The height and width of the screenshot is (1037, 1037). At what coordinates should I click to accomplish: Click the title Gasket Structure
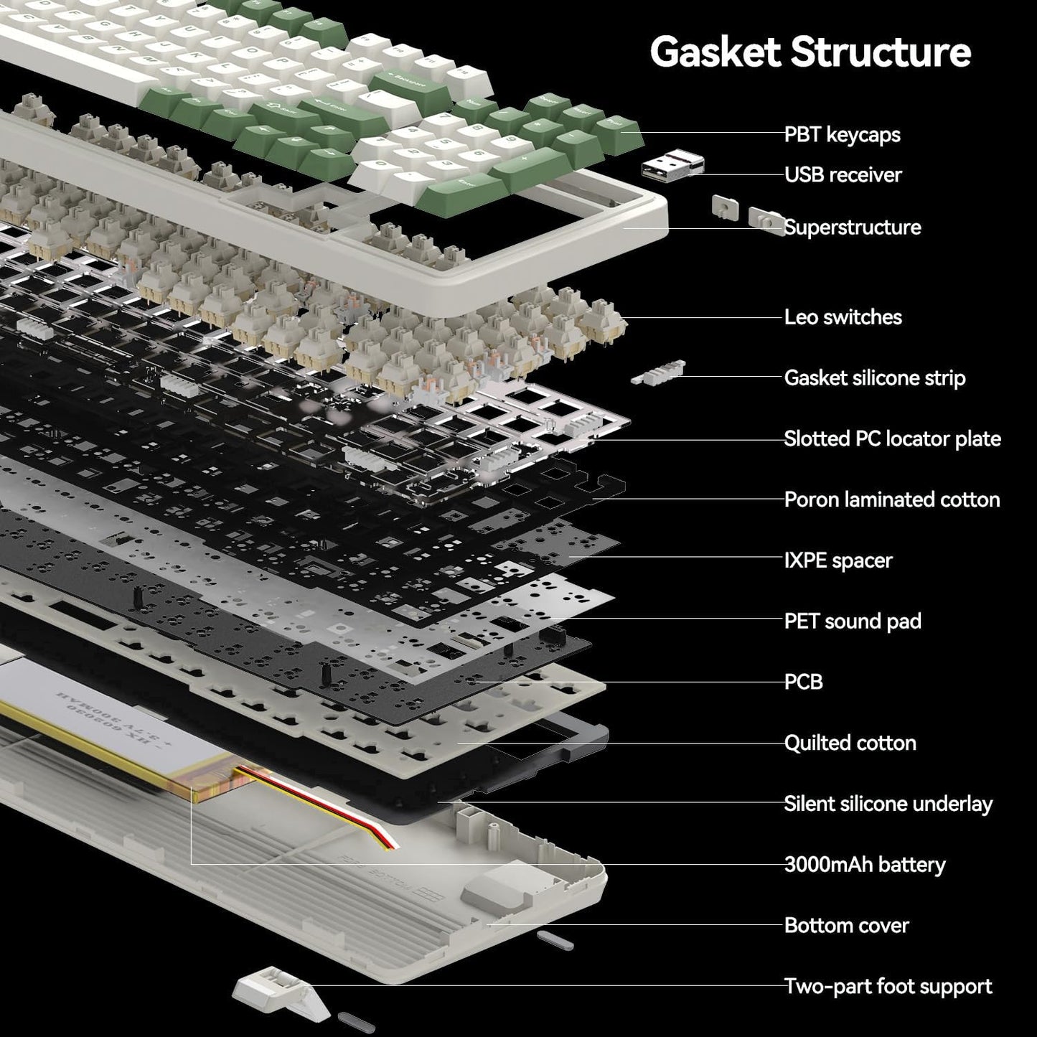pyautogui.click(x=810, y=52)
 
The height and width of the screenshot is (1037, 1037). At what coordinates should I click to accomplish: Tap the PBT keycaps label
pyautogui.click(x=842, y=134)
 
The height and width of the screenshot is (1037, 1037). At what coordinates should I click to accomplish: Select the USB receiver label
pyautogui.click(x=843, y=174)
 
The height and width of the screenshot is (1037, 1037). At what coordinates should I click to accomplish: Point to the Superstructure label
pyautogui.click(x=852, y=227)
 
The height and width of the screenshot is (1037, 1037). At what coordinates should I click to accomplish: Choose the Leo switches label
pyautogui.click(x=843, y=316)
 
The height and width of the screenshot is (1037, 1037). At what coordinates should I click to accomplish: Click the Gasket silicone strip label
pyautogui.click(x=874, y=377)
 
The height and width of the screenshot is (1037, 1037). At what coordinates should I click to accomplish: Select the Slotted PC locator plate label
pyautogui.click(x=892, y=438)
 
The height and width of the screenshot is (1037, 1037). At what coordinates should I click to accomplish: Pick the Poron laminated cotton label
pyautogui.click(x=891, y=499)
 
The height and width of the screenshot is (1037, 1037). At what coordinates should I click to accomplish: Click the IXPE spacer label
pyautogui.click(x=837, y=560)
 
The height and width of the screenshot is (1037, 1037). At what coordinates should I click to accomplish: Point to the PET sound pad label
pyautogui.click(x=852, y=621)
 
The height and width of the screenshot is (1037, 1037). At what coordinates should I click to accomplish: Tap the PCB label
pyautogui.click(x=803, y=681)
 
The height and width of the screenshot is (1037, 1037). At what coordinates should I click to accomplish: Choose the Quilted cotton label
pyautogui.click(x=850, y=742)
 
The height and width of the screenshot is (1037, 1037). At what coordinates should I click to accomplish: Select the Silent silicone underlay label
pyautogui.click(x=888, y=803)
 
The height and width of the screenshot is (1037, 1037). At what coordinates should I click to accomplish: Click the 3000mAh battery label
pyautogui.click(x=864, y=864)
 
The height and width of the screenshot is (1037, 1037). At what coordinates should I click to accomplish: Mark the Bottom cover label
pyautogui.click(x=846, y=925)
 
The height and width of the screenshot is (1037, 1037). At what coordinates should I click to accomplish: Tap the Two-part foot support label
pyautogui.click(x=888, y=986)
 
